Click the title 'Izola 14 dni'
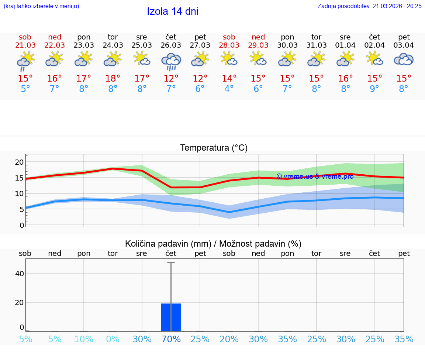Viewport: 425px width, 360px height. click(173, 11)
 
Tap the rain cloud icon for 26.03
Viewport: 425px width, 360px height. click(171, 61)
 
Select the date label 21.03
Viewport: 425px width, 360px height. click(25, 45)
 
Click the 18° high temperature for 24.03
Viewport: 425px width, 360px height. click(113, 79)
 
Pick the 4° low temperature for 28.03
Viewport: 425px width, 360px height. click(229, 89)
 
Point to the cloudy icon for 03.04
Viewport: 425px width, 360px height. click(404, 59)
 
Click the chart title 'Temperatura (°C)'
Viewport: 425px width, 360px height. click(214, 148)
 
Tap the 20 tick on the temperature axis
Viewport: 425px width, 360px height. click(19, 162)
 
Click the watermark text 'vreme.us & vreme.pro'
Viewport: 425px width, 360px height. click(315, 176)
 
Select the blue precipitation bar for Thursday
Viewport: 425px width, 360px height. click(171, 317)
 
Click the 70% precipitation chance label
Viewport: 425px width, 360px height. click(171, 339)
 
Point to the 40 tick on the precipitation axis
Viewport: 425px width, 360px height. click(19, 274)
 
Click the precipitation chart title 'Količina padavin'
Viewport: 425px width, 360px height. click(213, 244)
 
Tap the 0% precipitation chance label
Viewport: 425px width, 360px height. click(113, 339)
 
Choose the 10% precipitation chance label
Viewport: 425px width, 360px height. click(84, 339)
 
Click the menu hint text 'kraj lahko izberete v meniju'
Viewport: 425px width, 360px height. click(41, 6)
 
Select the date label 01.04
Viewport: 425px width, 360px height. click(345, 45)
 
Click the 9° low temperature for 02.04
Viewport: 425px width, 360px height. click(374, 89)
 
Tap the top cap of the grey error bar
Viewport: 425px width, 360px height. click(171, 263)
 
